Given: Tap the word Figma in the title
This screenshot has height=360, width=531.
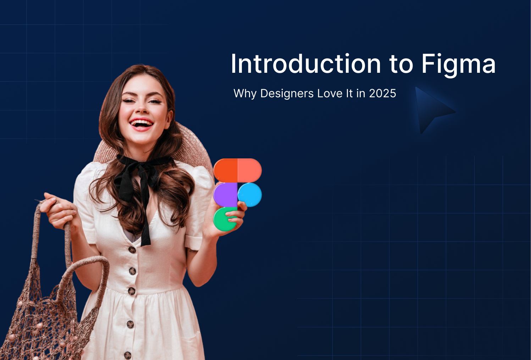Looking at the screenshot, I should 458,64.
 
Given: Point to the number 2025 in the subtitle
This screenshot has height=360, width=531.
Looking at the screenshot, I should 382,93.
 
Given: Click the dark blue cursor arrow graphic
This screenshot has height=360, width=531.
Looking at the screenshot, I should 431,109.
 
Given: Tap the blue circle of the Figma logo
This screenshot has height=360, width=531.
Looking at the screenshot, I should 250,195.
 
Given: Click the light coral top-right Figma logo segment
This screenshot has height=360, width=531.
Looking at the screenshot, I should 249,170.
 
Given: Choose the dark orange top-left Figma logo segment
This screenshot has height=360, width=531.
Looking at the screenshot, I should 226,170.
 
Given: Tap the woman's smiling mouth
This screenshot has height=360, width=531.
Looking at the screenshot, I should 142,124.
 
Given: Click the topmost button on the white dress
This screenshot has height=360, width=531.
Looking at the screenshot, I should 132,250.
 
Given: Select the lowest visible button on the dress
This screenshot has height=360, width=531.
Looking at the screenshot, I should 128,355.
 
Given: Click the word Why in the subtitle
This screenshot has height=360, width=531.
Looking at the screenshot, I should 245,93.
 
